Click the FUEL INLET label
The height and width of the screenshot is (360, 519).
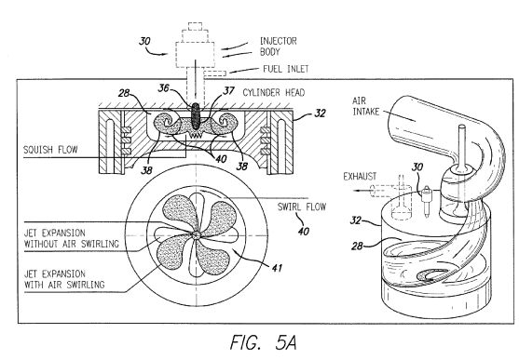click(x=286, y=69)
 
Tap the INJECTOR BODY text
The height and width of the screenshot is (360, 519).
click(x=278, y=47)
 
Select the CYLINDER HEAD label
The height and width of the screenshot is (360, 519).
click(x=274, y=93)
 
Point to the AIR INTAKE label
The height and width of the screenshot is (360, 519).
click(x=365, y=106)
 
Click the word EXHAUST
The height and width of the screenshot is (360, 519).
click(x=360, y=177)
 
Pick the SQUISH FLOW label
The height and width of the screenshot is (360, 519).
click(x=50, y=150)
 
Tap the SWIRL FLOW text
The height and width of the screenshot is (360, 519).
click(x=302, y=207)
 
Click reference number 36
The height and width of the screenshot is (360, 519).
click(x=163, y=88)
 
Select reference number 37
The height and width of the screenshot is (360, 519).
click(x=228, y=90)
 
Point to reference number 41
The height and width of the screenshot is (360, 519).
click(x=277, y=267)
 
